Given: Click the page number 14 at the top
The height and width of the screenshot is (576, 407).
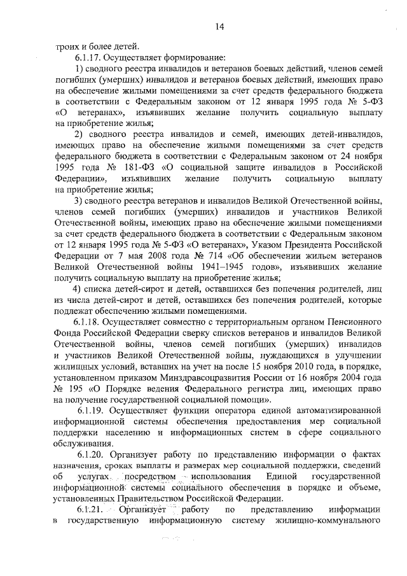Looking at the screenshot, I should point(219,26).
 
